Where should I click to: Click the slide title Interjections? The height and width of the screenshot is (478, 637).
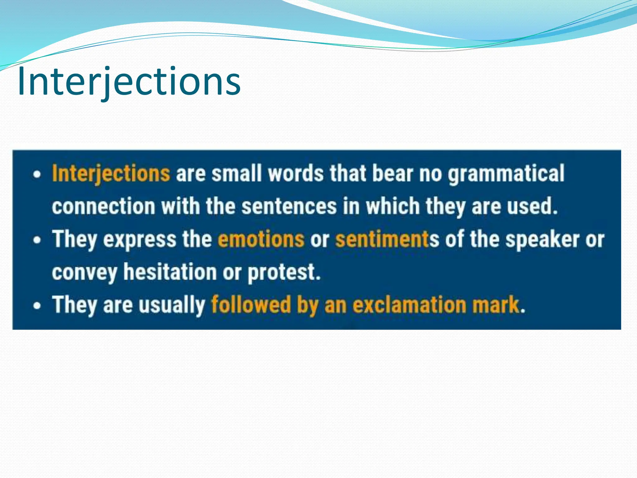129,82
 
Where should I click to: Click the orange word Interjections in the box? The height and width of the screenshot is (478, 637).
111,173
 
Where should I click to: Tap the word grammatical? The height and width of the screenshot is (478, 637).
506,173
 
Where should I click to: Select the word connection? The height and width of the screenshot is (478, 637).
104,206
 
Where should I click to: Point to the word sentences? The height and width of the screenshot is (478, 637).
289,206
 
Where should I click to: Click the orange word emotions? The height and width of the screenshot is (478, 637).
261,239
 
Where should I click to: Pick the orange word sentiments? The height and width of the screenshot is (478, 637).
383,239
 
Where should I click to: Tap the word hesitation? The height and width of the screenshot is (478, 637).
170,272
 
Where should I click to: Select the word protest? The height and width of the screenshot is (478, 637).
284,272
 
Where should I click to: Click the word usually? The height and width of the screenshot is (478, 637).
171,305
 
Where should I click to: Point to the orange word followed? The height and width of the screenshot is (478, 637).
251,305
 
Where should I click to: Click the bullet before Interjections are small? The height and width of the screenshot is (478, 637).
37,174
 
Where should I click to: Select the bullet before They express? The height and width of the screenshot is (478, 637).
37,240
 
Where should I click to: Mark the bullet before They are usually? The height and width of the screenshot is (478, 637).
37,306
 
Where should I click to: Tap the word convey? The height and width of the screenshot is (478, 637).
85,273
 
